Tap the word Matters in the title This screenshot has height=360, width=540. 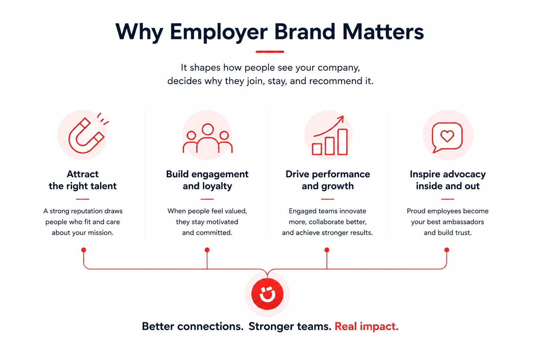tap(383, 32)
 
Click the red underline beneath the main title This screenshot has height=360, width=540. tap(270, 52)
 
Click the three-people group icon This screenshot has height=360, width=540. tap(207, 138)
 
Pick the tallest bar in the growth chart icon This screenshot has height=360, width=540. tap(342, 142)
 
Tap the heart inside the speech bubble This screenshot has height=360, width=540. tap(447, 136)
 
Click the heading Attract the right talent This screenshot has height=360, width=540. tap(83, 180)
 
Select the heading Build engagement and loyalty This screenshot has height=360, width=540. tap(207, 180)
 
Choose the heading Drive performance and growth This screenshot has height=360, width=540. tap(328, 180)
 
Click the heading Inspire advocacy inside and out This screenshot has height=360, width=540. tap(448, 180)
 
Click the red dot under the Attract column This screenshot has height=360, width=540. tap(84, 250)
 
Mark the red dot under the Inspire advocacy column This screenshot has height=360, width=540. tap(447, 250)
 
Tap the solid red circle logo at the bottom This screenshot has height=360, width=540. tap(267, 294)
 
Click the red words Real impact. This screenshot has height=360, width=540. tap(366, 327)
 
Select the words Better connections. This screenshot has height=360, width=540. tap(193, 327)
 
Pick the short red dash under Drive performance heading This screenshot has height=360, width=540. tap(327, 199)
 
